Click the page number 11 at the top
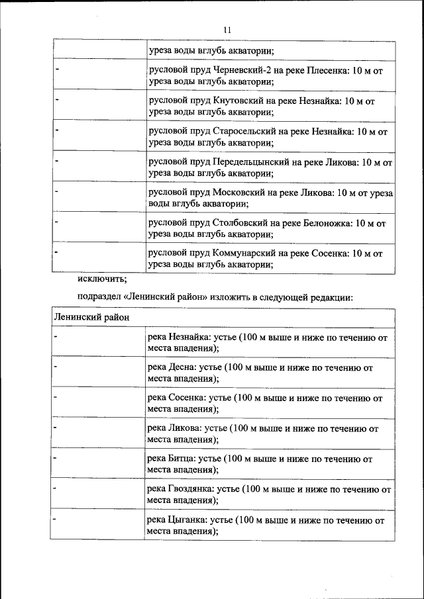pyautogui.click(x=227, y=29)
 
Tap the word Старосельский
pyautogui.click(x=248, y=131)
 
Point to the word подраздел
pyautogui.click(x=99, y=298)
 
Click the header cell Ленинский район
pyautogui.click(x=91, y=318)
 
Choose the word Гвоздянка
pyautogui.click(x=193, y=489)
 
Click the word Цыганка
pyautogui.click(x=189, y=520)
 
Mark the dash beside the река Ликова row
pyautogui.click(x=56, y=428)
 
